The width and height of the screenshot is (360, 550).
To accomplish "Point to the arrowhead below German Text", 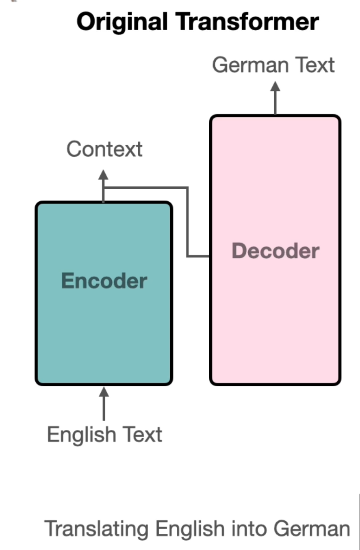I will click(x=276, y=87).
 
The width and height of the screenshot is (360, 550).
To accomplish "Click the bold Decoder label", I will click(x=276, y=251).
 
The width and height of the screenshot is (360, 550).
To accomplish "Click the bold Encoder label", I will click(x=104, y=281).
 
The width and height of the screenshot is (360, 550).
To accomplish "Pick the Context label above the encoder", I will click(x=104, y=149).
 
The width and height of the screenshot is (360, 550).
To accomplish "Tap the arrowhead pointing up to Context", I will click(x=103, y=175).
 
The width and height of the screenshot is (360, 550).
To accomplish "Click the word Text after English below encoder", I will click(x=142, y=435).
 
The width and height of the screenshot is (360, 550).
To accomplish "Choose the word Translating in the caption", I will click(x=97, y=529).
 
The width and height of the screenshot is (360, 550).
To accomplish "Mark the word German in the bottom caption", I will click(x=311, y=529).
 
